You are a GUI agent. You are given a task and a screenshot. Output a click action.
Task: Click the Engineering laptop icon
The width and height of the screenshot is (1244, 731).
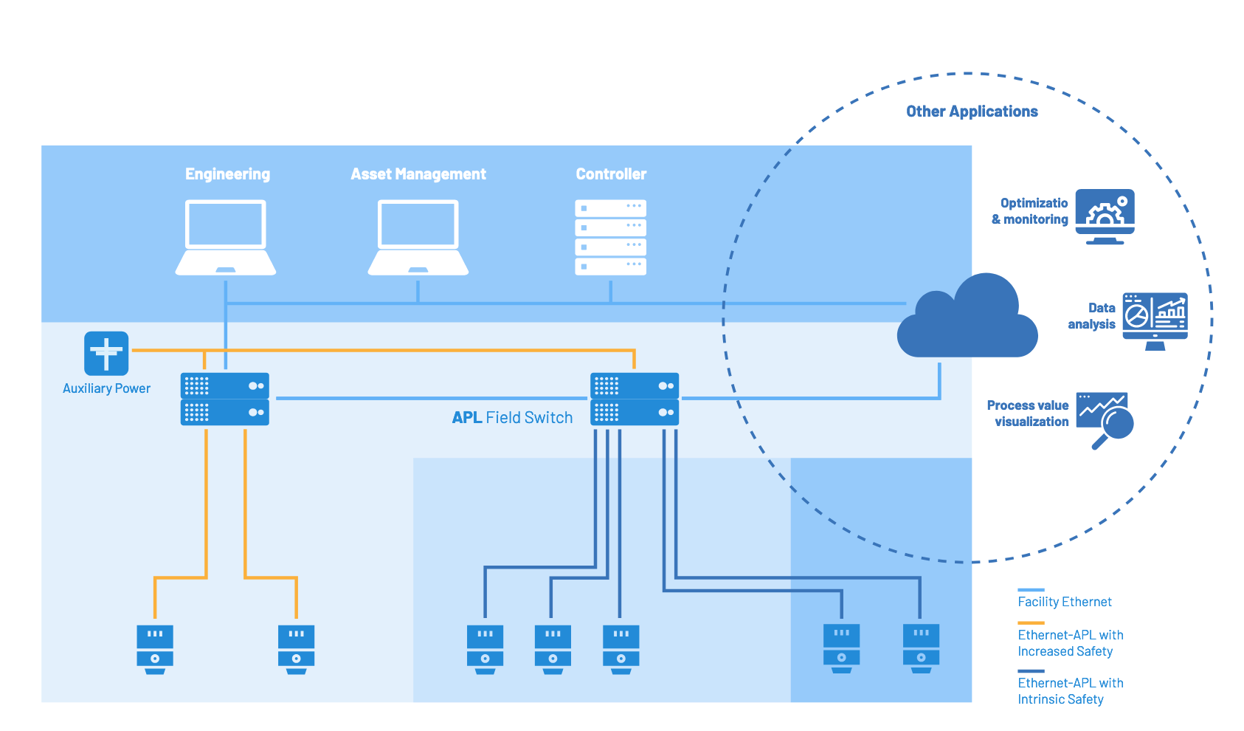pyautogui.click(x=226, y=237)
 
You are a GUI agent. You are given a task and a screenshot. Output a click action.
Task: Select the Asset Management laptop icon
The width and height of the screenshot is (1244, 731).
pyautogui.click(x=418, y=237)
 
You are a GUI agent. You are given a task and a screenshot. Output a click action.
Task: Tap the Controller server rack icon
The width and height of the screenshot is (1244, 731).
pyautogui.click(x=610, y=237)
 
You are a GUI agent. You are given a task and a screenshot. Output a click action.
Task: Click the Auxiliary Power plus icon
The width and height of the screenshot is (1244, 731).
pyautogui.click(x=106, y=353)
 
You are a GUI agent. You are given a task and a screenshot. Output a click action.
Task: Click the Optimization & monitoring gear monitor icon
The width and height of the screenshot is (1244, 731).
pyautogui.click(x=1105, y=216)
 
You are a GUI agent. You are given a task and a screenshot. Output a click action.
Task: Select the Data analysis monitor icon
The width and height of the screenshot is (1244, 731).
pyautogui.click(x=1155, y=320)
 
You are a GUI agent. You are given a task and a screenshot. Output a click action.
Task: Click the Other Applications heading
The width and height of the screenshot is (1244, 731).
pyautogui.click(x=972, y=111)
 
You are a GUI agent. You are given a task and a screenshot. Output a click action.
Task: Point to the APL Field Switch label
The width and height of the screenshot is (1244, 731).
pyautogui.click(x=512, y=418)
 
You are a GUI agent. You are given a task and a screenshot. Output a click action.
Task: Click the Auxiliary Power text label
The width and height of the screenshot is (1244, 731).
pyautogui.click(x=106, y=388)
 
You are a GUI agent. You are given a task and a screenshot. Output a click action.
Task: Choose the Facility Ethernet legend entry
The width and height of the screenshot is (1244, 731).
pyautogui.click(x=1064, y=602)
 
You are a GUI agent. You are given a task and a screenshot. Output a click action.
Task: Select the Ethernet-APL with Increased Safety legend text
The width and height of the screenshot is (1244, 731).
pyautogui.click(x=1070, y=643)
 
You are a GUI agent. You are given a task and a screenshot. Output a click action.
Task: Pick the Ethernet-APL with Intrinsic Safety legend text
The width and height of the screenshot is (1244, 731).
pyautogui.click(x=1070, y=691)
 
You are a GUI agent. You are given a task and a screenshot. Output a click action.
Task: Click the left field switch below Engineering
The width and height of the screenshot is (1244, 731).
pyautogui.click(x=224, y=399)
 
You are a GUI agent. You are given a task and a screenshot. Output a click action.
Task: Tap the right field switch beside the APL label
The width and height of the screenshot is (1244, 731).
pyautogui.click(x=635, y=399)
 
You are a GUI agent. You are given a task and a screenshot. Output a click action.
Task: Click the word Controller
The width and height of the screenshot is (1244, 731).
pyautogui.click(x=611, y=174)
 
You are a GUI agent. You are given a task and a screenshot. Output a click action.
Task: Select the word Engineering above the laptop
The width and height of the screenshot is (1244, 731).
pyautogui.click(x=227, y=174)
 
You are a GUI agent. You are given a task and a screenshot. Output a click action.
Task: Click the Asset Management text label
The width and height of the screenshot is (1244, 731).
pyautogui.click(x=418, y=174)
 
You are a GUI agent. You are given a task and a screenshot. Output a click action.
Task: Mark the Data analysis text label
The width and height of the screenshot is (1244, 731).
pyautogui.click(x=1092, y=316)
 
